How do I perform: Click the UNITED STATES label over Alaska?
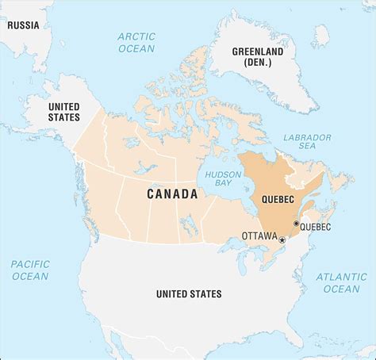tap(64, 111)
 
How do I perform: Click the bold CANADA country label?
tap(172, 193)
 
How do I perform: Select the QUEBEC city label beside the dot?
tap(316, 227)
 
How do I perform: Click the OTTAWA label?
tap(259, 236)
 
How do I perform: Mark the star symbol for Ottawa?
tap(282, 239)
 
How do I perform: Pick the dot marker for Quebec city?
tap(296, 224)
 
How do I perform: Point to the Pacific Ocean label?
tap(29, 270)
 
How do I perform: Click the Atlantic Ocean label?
tap(343, 282)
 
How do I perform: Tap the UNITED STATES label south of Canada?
tap(189, 294)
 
